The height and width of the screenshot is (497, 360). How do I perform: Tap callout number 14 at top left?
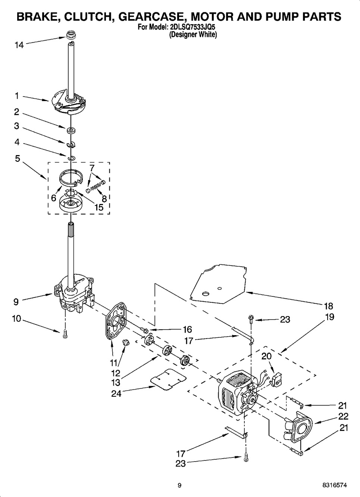pyautogui.click(x=19, y=45)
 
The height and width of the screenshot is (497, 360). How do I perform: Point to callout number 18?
pyautogui.click(x=328, y=306)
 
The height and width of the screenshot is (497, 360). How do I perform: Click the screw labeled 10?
pyautogui.click(x=65, y=334)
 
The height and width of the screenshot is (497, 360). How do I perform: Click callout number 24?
pyautogui.click(x=116, y=393)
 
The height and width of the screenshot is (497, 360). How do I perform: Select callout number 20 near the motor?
pyautogui.click(x=266, y=356)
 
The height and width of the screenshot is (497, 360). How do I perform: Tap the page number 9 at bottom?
pyautogui.click(x=179, y=485)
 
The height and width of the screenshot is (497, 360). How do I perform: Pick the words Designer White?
pyautogui.click(x=193, y=35)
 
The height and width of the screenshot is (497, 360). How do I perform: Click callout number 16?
pyautogui.click(x=187, y=329)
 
